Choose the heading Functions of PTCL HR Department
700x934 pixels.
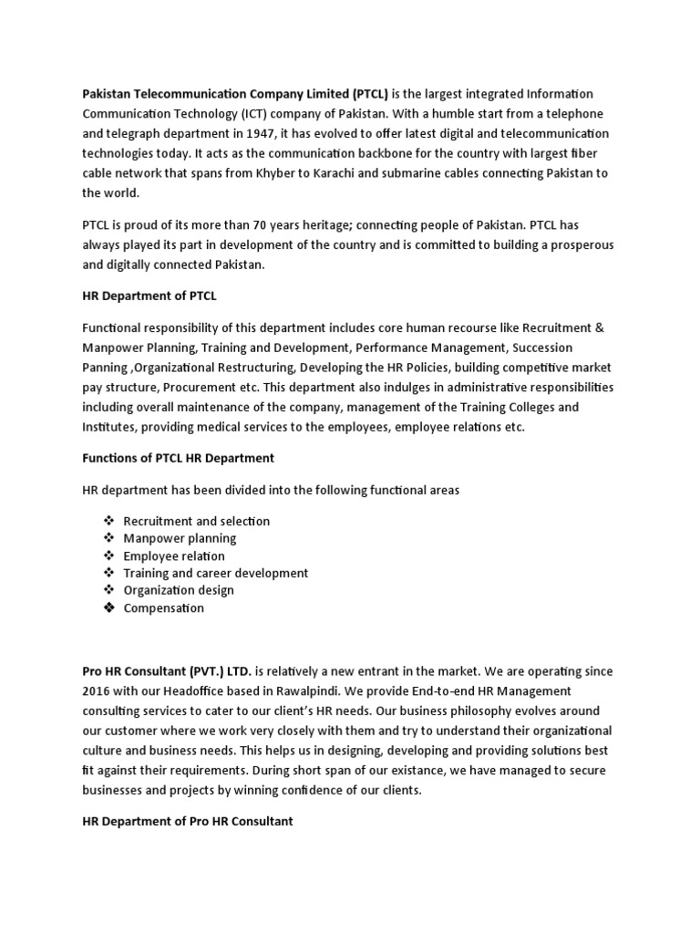point(178,457)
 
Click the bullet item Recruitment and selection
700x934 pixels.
point(197,521)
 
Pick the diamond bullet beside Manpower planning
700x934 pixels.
point(108,538)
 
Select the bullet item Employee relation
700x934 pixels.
point(174,555)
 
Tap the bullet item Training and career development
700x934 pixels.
point(216,573)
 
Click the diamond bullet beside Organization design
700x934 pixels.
point(108,590)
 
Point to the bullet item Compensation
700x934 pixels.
point(164,607)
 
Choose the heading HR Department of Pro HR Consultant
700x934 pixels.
point(187,821)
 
